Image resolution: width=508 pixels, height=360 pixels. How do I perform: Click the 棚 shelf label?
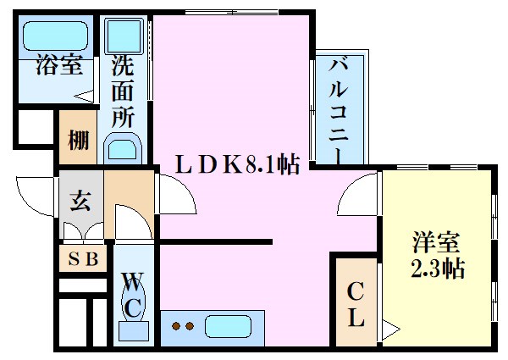[78, 140]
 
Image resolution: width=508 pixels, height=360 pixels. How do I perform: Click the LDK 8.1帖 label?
[237, 163]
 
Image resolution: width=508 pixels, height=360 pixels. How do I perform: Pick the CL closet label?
[356, 304]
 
